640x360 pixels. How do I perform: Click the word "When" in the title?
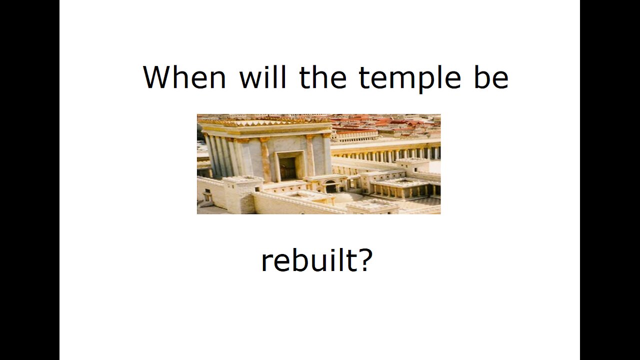click(x=184, y=77)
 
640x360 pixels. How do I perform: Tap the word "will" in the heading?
click(x=262, y=77)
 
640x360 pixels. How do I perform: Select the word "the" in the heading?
click(x=323, y=77)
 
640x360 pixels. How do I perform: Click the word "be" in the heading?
click(x=491, y=77)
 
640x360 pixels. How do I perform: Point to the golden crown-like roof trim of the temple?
click(x=265, y=122)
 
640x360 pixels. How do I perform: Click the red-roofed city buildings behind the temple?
click(x=390, y=125)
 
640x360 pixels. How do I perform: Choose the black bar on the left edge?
click(x=29, y=180)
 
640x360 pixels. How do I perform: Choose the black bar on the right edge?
click(x=610, y=180)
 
